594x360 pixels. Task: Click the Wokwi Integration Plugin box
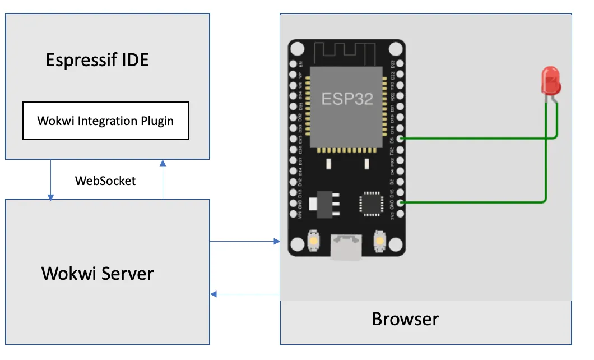pos(105,121)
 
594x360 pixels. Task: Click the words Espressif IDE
pos(98,60)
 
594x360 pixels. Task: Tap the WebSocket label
pos(105,181)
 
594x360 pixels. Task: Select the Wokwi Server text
pos(98,274)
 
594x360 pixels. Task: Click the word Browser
pos(405,319)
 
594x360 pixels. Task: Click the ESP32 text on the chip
pos(346,99)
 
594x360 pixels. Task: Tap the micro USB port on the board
pos(346,247)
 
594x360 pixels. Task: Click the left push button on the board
pos(313,241)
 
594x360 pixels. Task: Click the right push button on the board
pos(380,241)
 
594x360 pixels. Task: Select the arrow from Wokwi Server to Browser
pos(244,242)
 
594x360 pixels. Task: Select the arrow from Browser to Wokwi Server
pos(244,294)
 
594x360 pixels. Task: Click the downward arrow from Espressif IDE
pos(51,179)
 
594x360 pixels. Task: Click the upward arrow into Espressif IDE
pos(163,179)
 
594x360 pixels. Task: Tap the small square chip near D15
pos(370,203)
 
